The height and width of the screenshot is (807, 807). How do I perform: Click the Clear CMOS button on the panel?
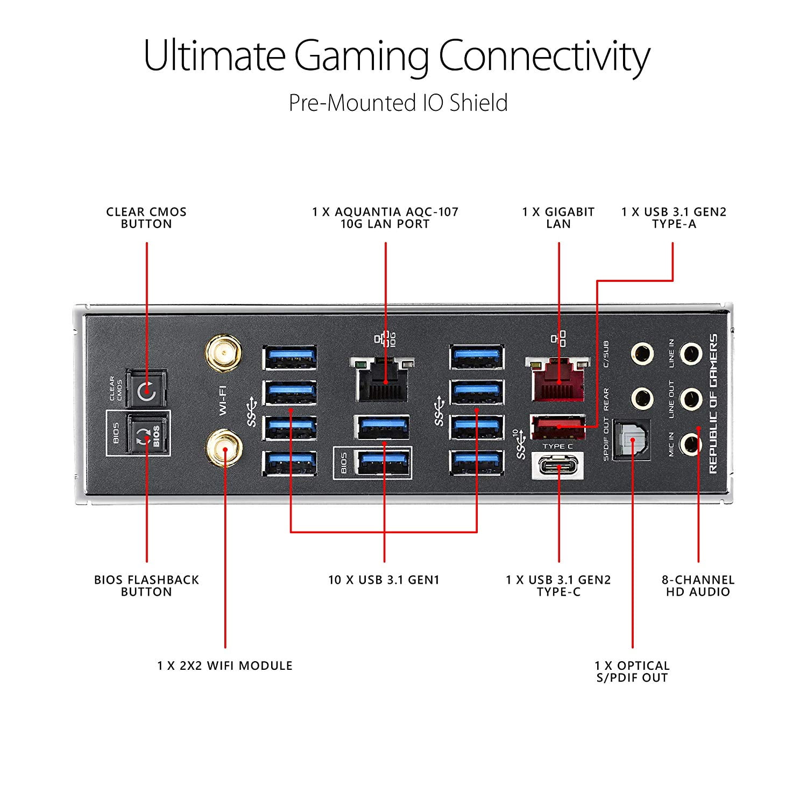pos(146,391)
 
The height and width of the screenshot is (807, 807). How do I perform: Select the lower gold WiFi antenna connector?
pos(223,448)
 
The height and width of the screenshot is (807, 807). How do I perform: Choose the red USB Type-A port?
pos(557,427)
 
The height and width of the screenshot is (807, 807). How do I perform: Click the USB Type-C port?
pos(557,465)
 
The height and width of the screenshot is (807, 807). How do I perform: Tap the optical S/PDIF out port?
pos(632,440)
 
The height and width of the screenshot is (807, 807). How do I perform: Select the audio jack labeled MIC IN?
pos(690,444)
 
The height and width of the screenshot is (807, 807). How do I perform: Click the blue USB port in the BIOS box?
pos(383,462)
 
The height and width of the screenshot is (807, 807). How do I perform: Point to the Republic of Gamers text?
pos(713,403)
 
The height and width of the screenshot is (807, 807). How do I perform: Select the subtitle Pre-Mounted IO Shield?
pos(398,103)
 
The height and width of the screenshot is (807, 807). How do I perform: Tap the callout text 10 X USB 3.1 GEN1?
pos(384,580)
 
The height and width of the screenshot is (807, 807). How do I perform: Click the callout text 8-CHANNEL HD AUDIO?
pos(698,586)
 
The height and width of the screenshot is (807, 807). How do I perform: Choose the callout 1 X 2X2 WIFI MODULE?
pos(225,666)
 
